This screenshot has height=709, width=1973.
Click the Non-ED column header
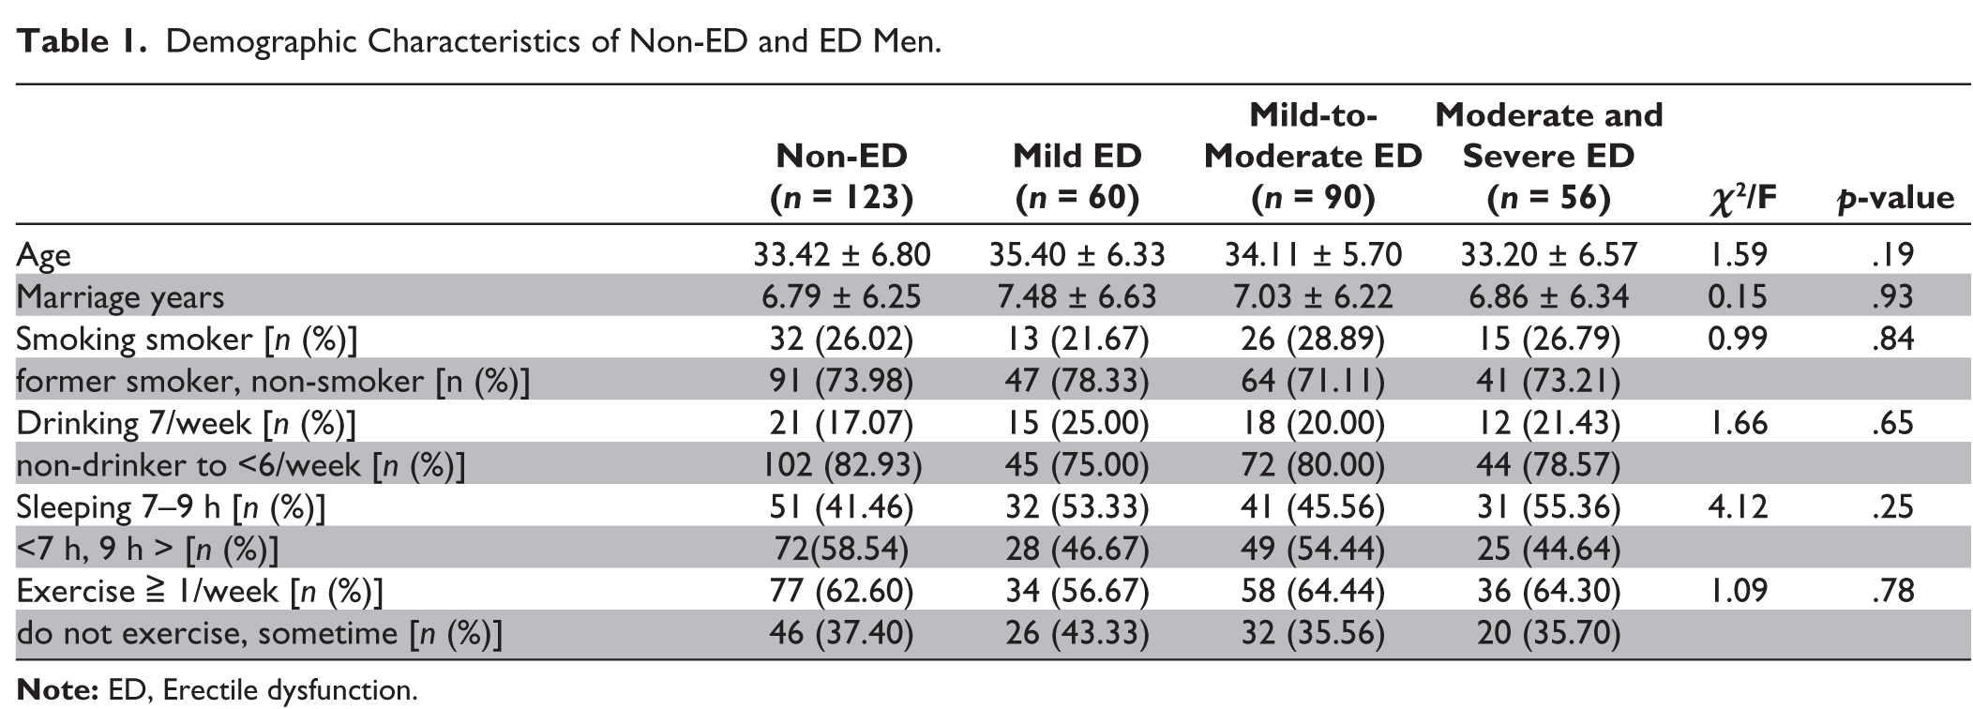coord(841,176)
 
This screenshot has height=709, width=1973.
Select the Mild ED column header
coord(1077,176)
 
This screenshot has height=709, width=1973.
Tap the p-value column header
coord(1895,197)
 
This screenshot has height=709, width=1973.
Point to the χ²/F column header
coord(1742,197)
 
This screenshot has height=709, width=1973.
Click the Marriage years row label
coord(120,297)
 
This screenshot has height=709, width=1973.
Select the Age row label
coord(43,256)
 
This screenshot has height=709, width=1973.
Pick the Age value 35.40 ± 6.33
coord(1077,254)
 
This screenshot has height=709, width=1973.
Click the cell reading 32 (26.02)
coord(841,339)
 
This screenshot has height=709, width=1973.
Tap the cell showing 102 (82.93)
coord(841,465)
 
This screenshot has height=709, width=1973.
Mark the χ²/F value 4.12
coord(1737,507)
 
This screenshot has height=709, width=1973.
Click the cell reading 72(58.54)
coord(841,550)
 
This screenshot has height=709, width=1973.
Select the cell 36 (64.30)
coord(1548,592)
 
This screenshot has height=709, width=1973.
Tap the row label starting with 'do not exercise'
coord(260,634)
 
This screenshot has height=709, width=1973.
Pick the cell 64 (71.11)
coord(1312,381)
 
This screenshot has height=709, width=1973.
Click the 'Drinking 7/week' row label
coord(186,424)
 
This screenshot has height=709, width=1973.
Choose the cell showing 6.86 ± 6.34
coord(1548,296)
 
